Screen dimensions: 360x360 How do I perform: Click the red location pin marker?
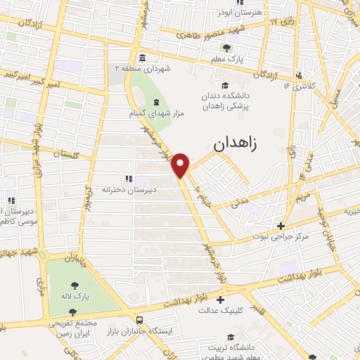(x=181, y=165)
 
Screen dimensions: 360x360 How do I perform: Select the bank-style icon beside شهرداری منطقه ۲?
(x=143, y=58)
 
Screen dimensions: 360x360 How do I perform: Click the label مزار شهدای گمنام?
(x=148, y=112)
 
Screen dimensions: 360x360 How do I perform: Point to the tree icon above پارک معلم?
(x=226, y=49)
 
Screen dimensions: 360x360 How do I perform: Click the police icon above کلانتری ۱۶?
(x=299, y=75)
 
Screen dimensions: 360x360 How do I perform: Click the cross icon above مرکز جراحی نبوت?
(x=281, y=226)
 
